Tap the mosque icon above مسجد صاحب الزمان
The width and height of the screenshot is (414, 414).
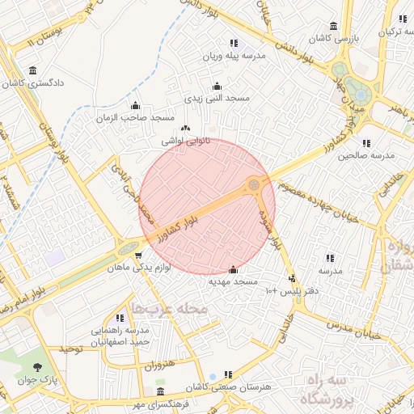click(x=135, y=105)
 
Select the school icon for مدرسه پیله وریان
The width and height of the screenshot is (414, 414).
click(x=234, y=43)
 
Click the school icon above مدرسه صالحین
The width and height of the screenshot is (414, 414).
click(x=366, y=142)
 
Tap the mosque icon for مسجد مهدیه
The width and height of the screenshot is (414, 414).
click(x=234, y=269)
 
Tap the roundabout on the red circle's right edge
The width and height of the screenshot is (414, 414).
click(x=255, y=185)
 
